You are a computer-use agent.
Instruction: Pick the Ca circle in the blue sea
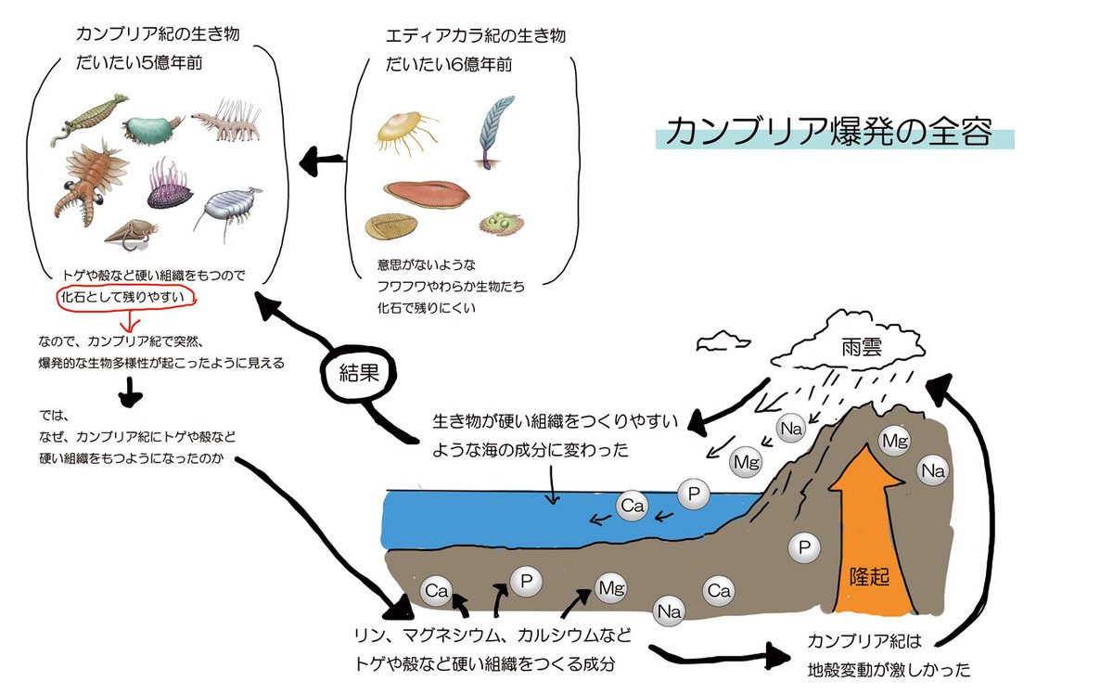(x=633, y=506)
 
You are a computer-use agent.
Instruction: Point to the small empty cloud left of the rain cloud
(x=724, y=337)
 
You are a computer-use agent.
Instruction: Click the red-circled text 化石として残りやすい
(x=127, y=298)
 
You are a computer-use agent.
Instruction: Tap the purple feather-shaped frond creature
(x=491, y=135)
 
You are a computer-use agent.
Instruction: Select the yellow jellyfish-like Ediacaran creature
(x=403, y=132)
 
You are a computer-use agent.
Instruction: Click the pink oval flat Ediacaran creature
(x=427, y=192)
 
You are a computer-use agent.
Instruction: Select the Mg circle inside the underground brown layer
(x=610, y=587)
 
